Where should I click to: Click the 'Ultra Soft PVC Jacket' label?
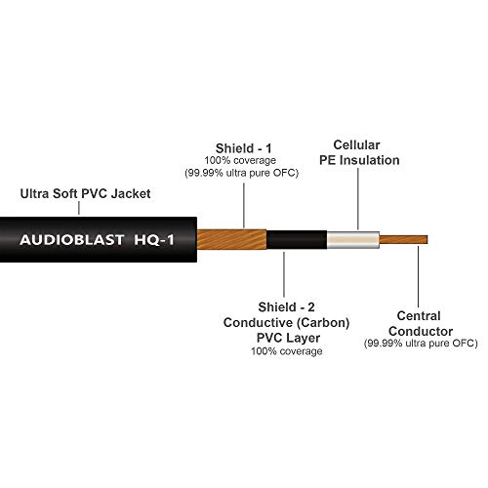pos(85,193)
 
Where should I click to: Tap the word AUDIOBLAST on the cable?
pos(71,240)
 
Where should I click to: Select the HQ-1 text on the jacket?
pos(154,240)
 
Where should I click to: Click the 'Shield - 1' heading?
pos(243,148)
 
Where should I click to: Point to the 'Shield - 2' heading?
pos(286,307)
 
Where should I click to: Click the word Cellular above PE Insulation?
pos(356,145)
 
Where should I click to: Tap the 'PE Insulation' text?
pos(359,160)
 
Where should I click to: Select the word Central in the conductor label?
pos(419,316)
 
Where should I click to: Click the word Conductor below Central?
pos(421,331)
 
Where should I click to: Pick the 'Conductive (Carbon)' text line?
pos(286,323)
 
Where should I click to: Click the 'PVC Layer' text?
pos(288,338)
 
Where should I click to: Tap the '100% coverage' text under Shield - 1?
pos(240,160)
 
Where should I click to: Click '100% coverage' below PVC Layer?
pos(287,351)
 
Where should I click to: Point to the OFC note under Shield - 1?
pos(241,173)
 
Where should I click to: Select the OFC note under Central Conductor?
pos(421,344)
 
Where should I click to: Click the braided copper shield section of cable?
pos(231,240)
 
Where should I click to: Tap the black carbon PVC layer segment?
pos(297,240)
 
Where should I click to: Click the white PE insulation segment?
pos(353,240)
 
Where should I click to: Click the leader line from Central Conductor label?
pos(419,276)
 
